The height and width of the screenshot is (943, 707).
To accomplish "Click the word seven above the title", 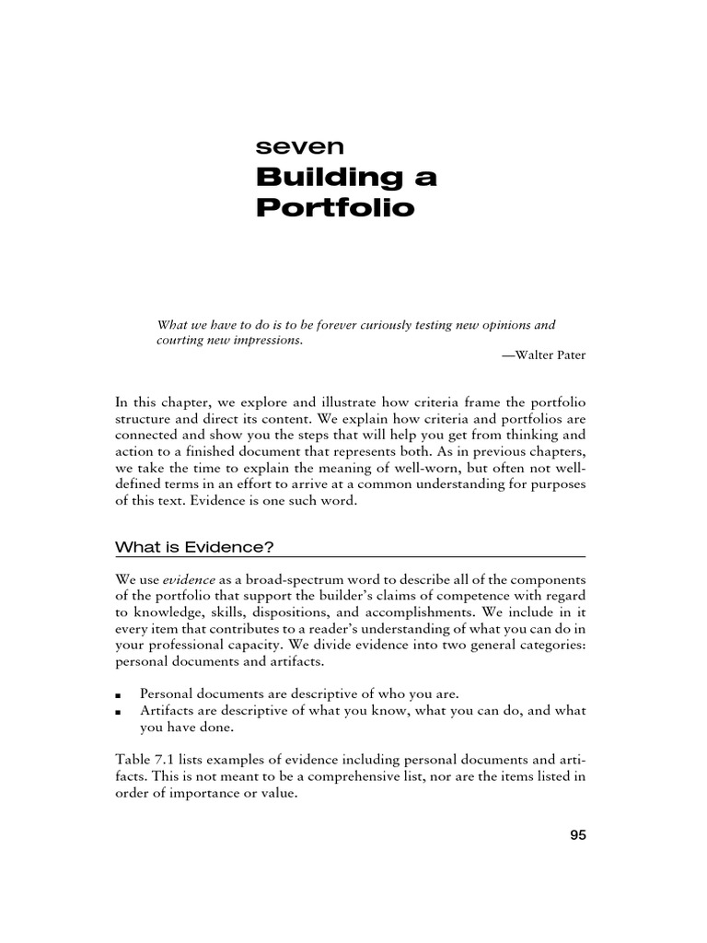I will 286,145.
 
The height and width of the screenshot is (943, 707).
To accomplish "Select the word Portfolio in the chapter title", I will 335,207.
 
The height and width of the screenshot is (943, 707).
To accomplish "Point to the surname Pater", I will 572,355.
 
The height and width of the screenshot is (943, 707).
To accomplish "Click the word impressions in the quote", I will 266,340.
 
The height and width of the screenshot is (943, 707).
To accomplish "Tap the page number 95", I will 577,835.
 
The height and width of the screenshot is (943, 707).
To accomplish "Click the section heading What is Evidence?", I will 194,547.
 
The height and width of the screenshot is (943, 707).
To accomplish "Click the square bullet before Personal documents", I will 120,693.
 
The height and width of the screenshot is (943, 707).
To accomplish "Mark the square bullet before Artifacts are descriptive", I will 120,711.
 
